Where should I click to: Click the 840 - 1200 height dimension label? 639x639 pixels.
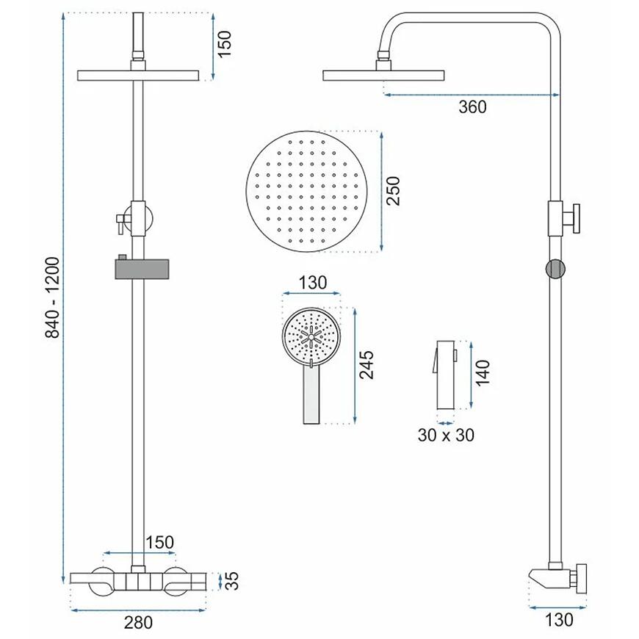(x=53, y=297)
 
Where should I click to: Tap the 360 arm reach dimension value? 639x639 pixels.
(x=472, y=107)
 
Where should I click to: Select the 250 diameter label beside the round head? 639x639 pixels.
(x=394, y=191)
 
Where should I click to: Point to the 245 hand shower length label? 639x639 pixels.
(x=367, y=365)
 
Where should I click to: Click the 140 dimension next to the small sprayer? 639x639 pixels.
(x=482, y=373)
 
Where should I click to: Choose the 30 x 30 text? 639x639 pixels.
(x=446, y=436)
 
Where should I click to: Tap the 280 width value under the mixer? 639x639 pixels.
(x=139, y=623)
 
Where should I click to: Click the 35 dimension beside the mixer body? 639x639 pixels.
(x=232, y=580)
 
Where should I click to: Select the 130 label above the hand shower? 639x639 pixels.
(x=313, y=283)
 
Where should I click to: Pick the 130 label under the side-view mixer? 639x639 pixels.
(x=559, y=619)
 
